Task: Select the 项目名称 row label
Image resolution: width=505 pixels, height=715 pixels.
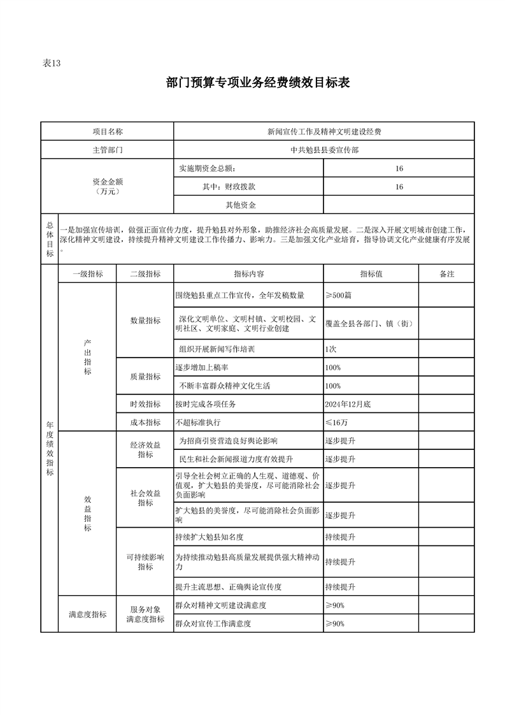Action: [107, 131]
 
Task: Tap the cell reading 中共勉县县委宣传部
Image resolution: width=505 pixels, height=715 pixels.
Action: [324, 150]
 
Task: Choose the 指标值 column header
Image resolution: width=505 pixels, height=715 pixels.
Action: [371, 273]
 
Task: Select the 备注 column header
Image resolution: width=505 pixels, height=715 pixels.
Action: [446, 273]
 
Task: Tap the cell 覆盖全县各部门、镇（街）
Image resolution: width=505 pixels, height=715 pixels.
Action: [369, 323]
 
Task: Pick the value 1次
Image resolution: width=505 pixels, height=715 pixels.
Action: [331, 350]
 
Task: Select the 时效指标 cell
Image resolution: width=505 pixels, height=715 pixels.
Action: [145, 404]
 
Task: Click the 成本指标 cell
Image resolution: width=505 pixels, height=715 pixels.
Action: [145, 422]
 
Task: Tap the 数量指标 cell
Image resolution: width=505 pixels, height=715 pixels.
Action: [145, 321]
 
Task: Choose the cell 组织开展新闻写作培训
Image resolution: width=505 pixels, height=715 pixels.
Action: [217, 350]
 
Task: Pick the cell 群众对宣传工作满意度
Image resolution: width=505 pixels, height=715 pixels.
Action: [213, 623]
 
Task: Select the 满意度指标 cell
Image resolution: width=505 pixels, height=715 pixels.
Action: [88, 614]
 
